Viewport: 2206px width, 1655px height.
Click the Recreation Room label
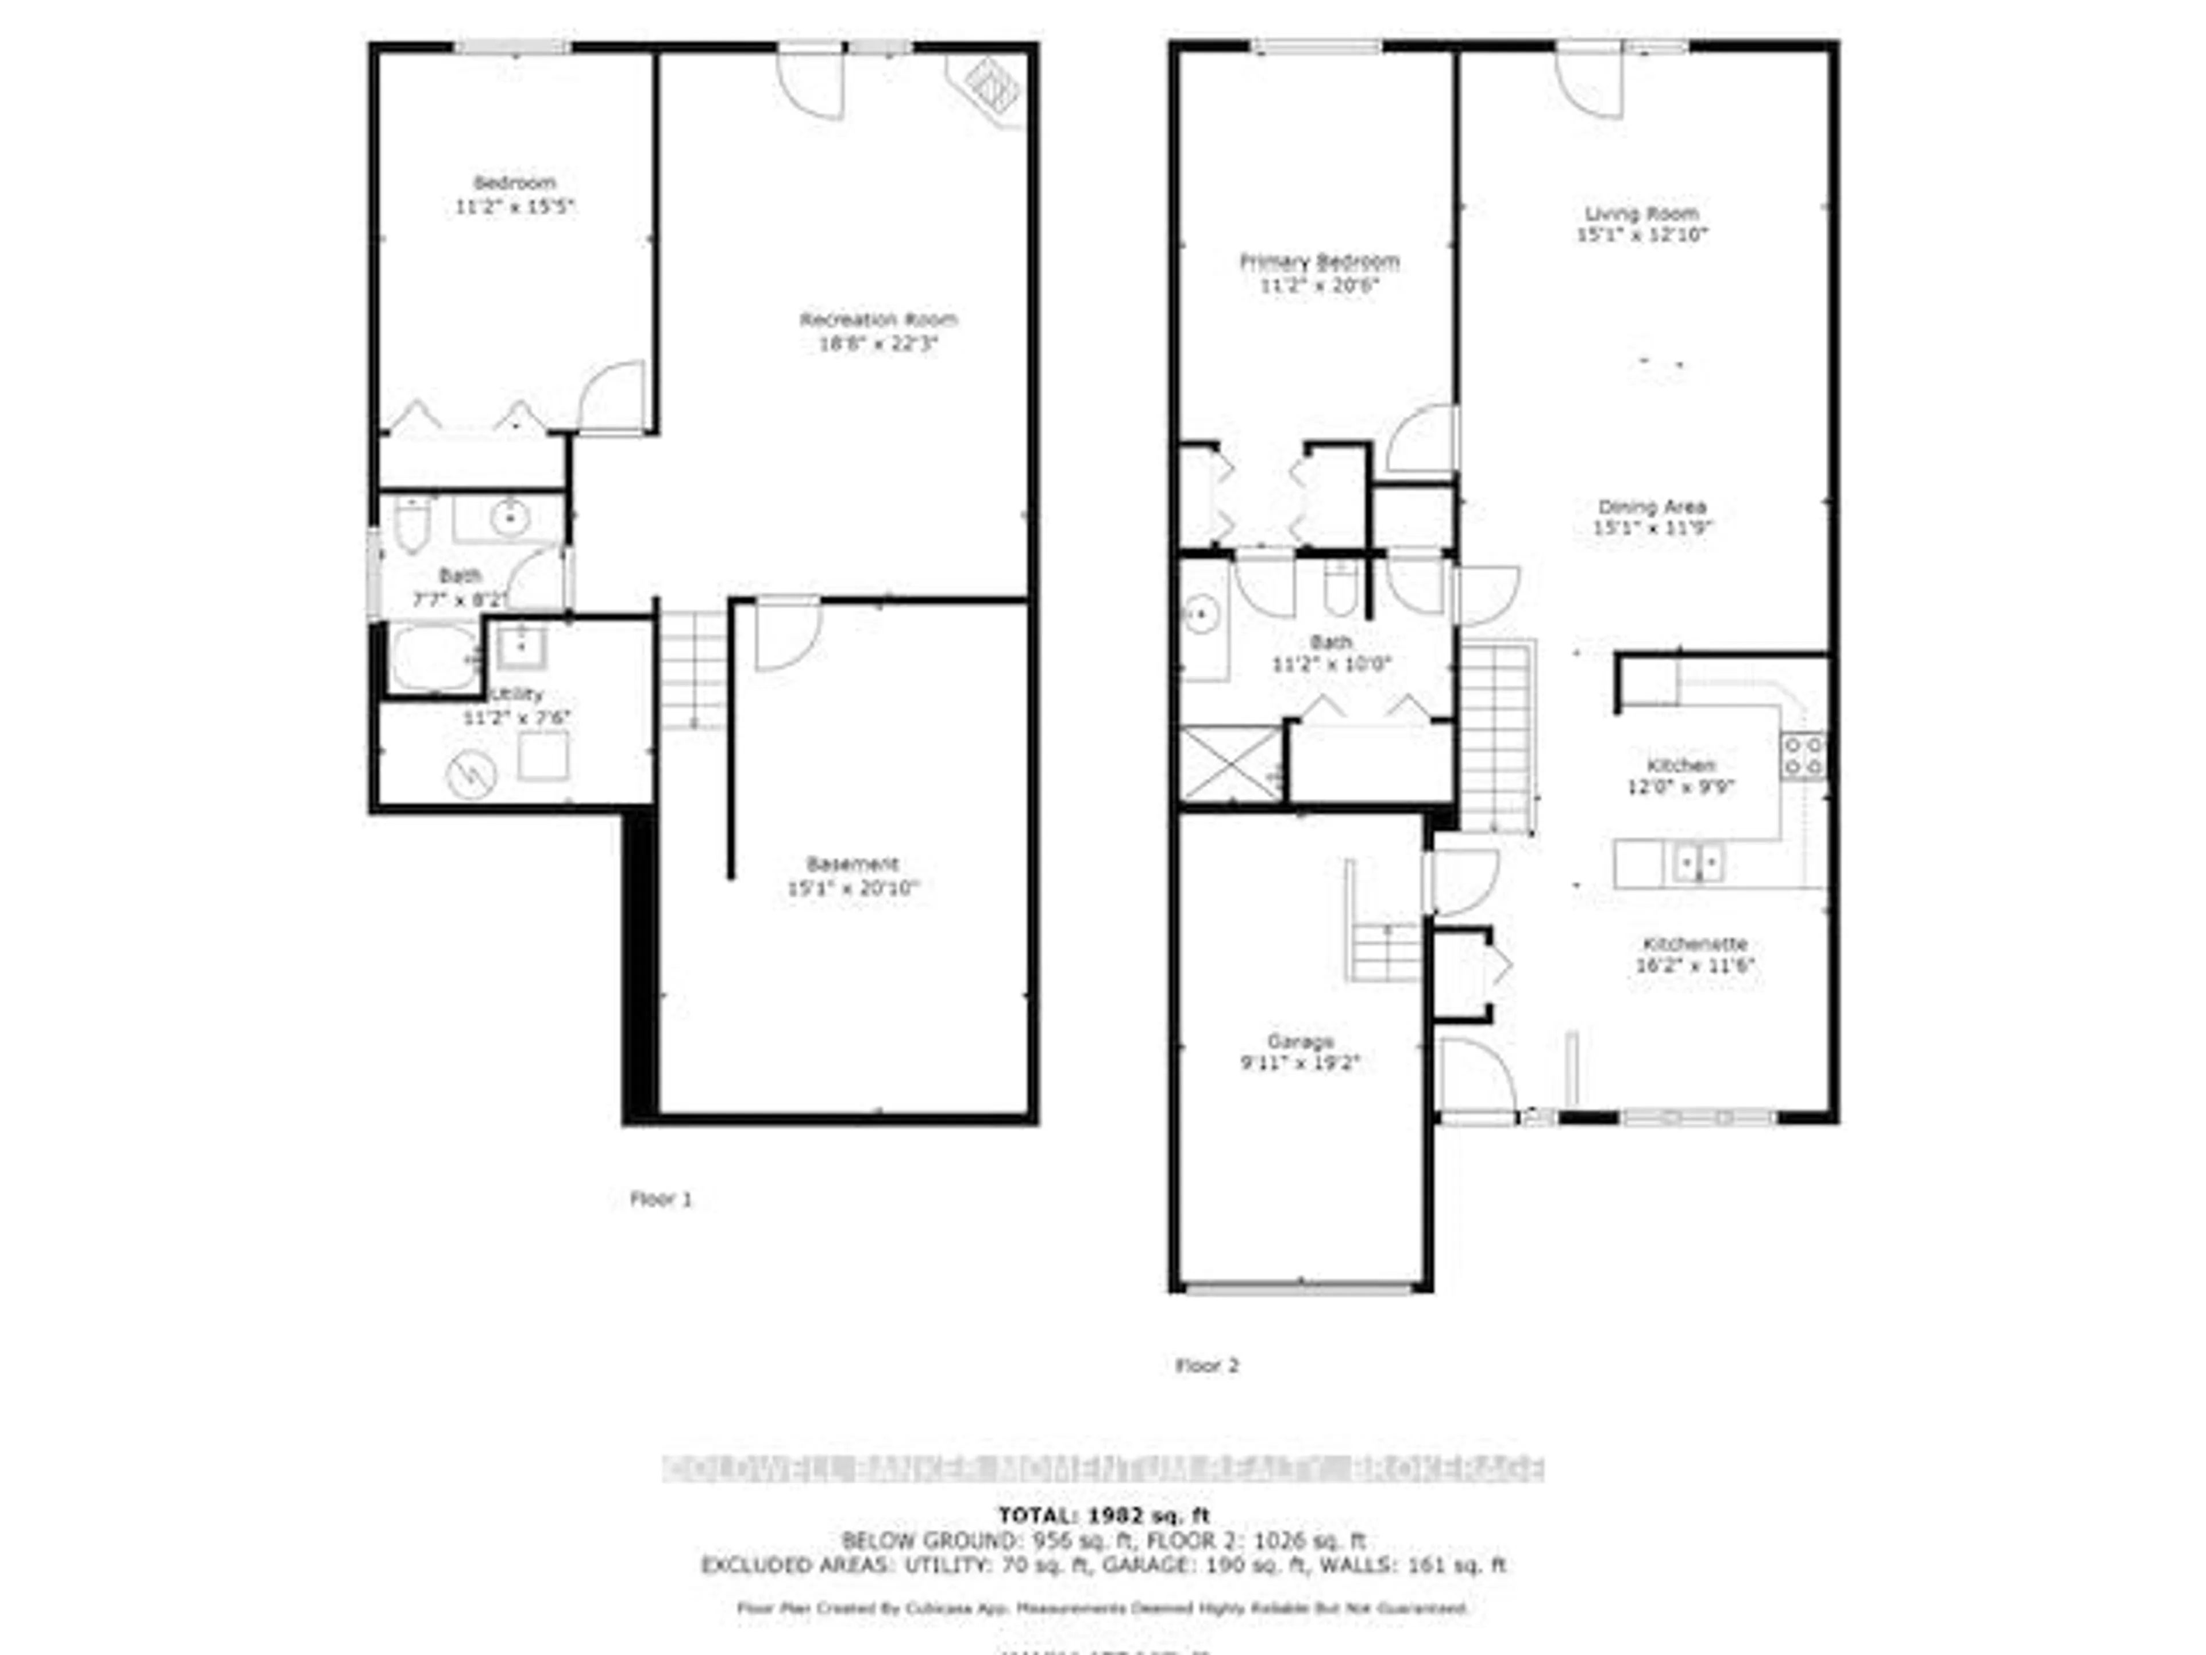878,320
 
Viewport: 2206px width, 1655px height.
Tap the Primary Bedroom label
1318,261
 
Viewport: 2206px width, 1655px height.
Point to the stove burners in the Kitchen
1803,755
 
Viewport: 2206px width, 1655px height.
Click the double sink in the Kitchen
1696,862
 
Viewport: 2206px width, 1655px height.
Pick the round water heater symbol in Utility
472,772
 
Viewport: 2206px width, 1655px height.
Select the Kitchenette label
1694,944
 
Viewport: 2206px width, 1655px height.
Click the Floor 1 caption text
660,1199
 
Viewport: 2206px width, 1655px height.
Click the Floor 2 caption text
1207,1366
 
